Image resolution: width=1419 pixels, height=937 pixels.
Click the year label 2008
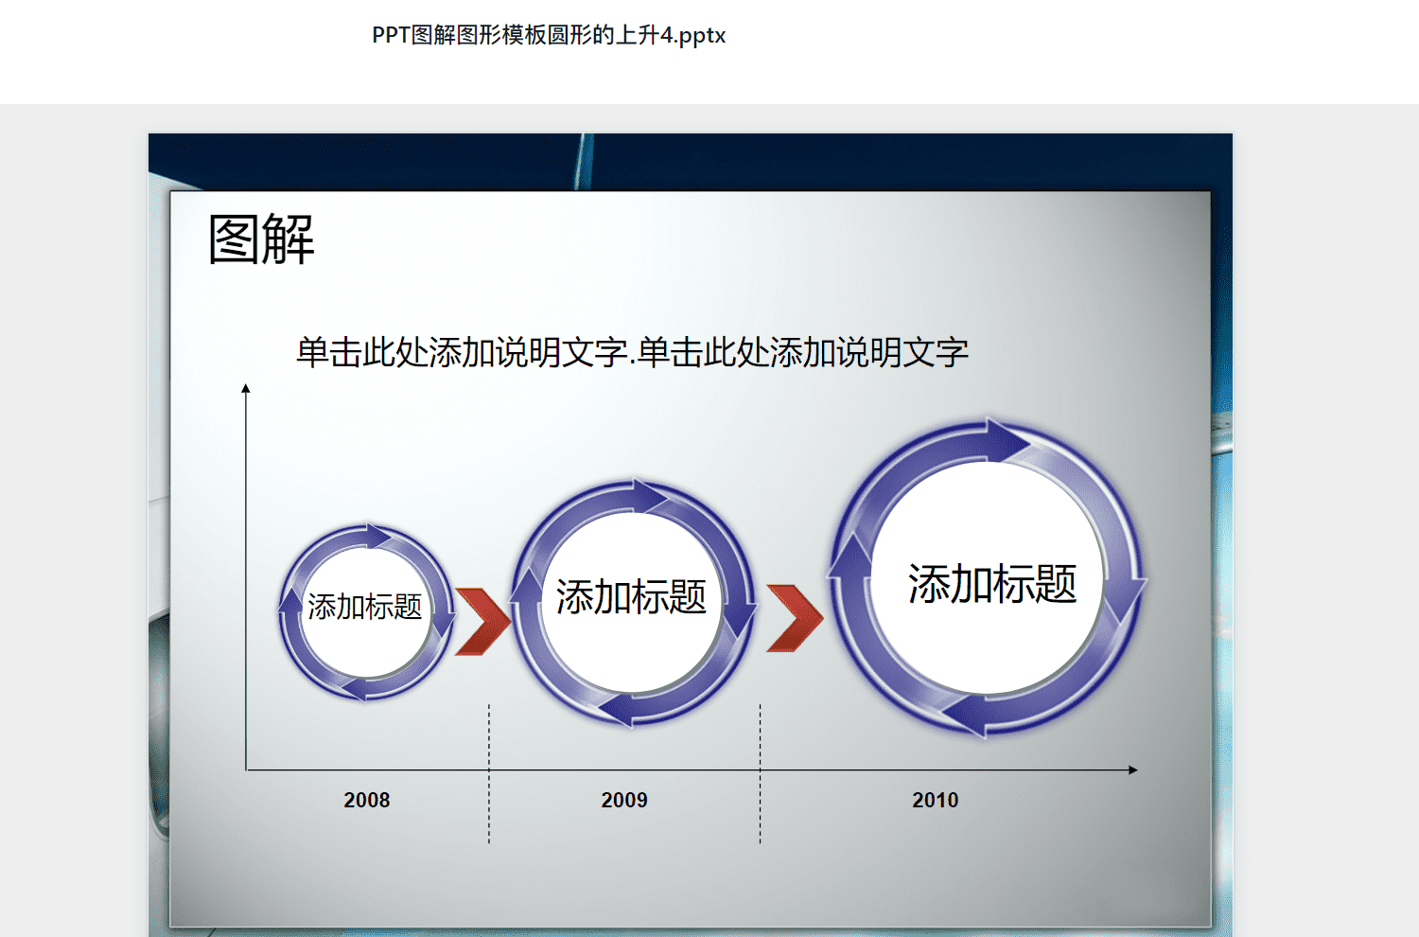click(367, 800)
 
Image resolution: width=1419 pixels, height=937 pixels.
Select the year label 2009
click(624, 800)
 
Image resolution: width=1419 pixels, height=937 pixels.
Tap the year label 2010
click(936, 800)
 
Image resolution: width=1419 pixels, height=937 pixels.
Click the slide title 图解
click(262, 239)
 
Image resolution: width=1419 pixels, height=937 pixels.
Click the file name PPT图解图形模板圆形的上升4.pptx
click(549, 35)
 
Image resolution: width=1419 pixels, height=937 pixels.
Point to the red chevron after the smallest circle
click(482, 621)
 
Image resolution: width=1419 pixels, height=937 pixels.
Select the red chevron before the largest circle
click(795, 618)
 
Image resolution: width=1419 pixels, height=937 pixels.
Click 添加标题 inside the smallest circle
click(365, 607)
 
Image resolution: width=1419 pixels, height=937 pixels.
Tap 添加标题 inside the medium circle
click(631, 596)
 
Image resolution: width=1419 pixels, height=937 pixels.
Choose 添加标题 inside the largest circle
click(992, 583)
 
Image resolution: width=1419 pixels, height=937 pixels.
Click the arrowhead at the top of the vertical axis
click(246, 388)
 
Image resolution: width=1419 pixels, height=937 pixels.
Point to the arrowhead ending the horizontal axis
click(1133, 769)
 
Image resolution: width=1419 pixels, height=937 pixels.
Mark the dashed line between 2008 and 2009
click(489, 773)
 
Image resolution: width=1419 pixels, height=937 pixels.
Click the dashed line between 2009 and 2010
click(761, 773)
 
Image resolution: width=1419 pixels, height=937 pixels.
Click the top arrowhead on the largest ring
click(1007, 441)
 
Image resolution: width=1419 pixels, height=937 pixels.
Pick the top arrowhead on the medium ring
click(649, 496)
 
